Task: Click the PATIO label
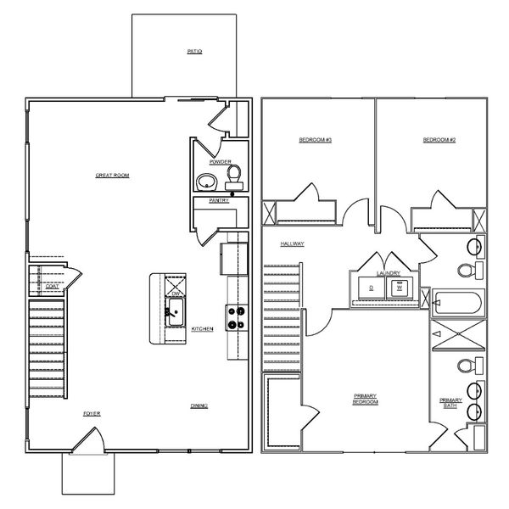(194, 52)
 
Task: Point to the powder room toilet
(235, 176)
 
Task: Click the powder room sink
(206, 181)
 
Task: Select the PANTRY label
(219, 201)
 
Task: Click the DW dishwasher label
(176, 293)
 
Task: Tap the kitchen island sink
(176, 310)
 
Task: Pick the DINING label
(199, 406)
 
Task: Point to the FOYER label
(91, 413)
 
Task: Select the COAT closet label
(52, 287)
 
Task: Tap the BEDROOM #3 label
(315, 139)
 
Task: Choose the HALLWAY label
(293, 243)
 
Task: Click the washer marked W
(398, 288)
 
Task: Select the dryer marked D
(372, 288)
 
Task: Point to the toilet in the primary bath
(466, 366)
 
